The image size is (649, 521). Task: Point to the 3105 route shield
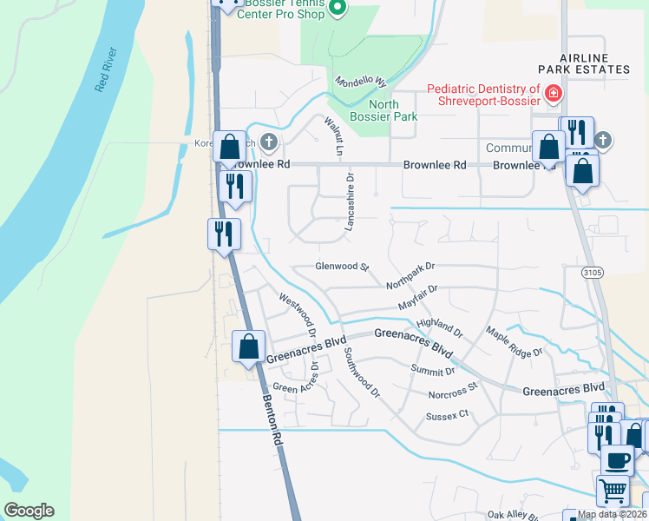coord(592,273)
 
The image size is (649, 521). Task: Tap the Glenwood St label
coord(343,267)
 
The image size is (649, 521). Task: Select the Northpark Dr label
coord(410,275)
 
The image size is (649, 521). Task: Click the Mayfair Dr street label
coord(418,298)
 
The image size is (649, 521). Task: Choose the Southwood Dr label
coord(362,373)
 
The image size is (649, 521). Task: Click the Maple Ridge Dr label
coord(514,341)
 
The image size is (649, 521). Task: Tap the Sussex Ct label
coord(447,416)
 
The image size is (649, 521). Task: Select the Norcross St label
coord(453,391)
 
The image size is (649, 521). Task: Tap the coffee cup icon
coord(616,459)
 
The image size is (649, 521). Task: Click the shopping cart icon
coord(613,491)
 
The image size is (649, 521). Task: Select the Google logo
coord(29,510)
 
